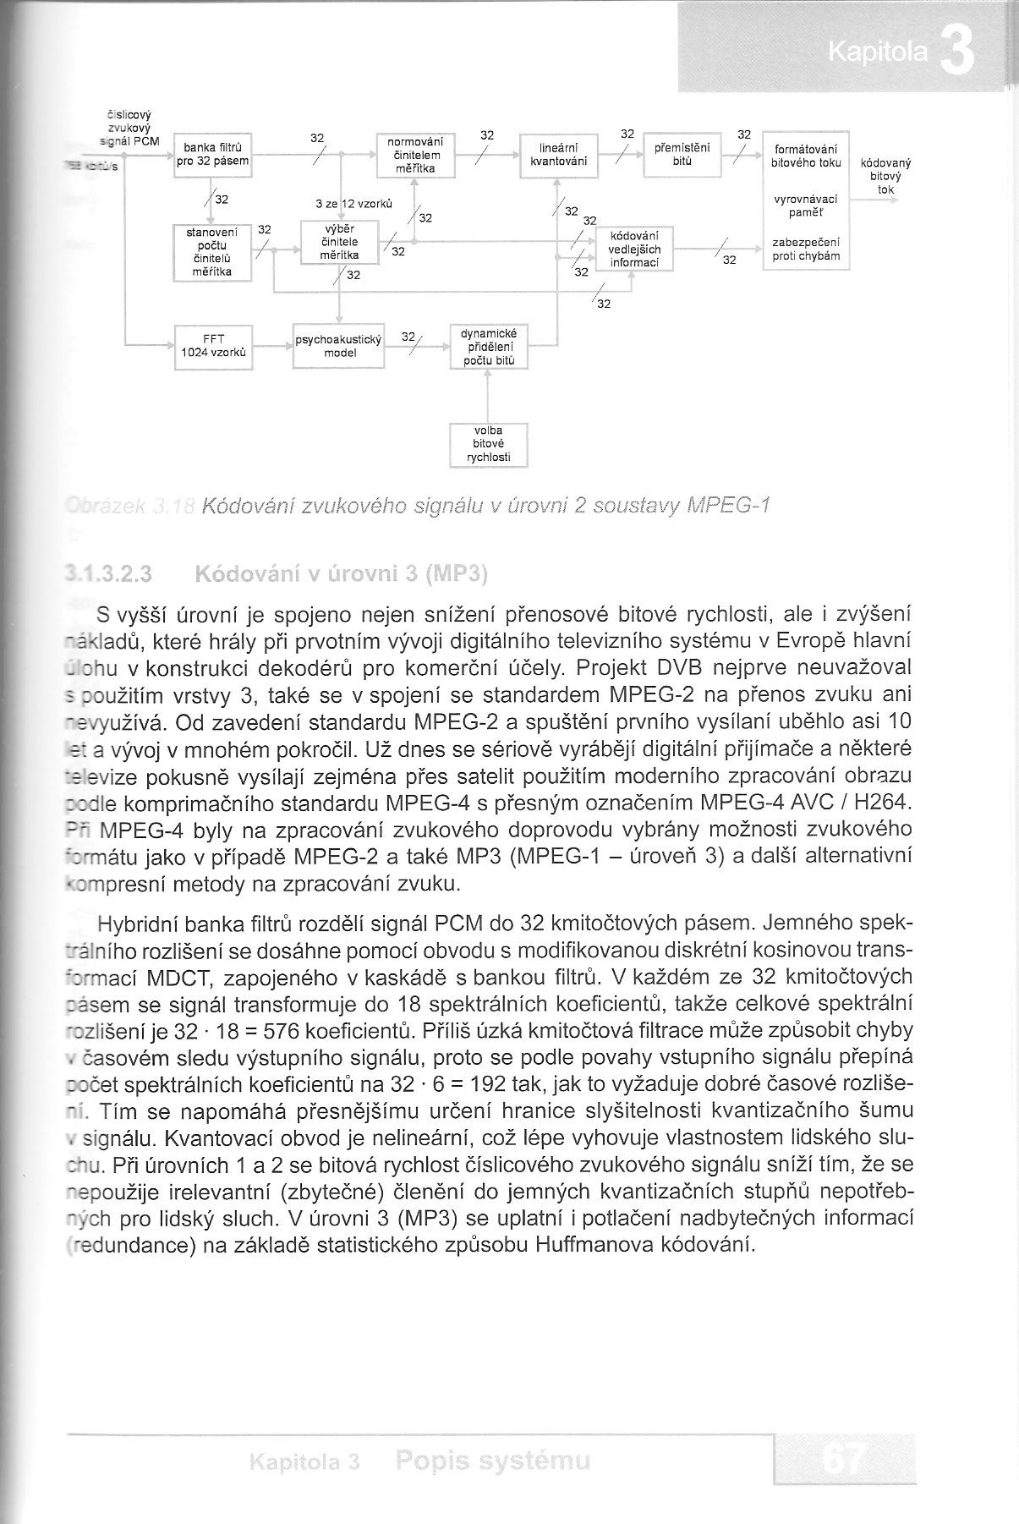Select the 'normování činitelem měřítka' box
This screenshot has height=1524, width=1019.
click(x=415, y=156)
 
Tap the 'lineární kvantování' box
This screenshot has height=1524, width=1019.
click(x=559, y=156)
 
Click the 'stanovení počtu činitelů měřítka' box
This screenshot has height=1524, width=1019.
click(x=212, y=252)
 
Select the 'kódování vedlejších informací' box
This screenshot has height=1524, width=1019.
click(x=634, y=249)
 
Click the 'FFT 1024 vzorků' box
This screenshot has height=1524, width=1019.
click(x=213, y=347)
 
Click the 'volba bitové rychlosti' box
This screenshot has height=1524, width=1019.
click(x=489, y=445)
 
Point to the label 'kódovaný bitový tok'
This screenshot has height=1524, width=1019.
click(x=885, y=176)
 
